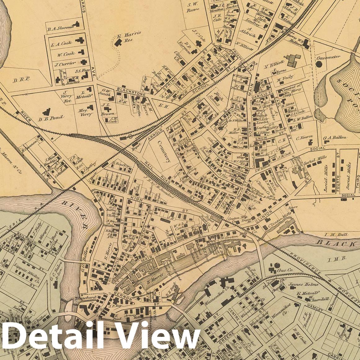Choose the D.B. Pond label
click(51, 118)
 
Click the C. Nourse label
click(304, 136)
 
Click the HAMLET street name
click(313, 306)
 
